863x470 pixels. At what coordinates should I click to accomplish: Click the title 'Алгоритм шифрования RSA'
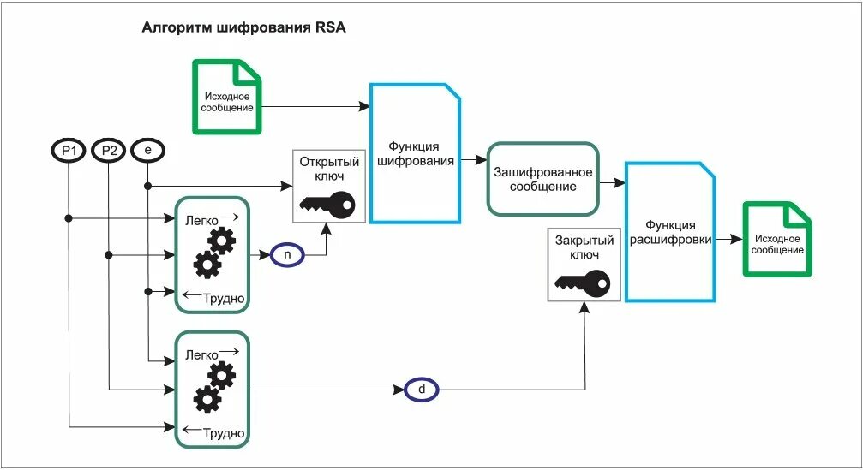tap(243, 27)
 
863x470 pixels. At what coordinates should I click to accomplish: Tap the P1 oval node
tap(69, 152)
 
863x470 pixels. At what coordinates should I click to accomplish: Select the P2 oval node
tap(109, 152)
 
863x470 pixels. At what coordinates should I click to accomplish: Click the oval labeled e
tap(147, 151)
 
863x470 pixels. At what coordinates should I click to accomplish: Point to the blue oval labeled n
tap(286, 255)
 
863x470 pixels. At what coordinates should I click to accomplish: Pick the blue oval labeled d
tap(421, 390)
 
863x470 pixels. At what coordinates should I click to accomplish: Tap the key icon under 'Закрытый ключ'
tap(582, 281)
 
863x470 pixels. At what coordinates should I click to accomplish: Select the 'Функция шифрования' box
tap(414, 154)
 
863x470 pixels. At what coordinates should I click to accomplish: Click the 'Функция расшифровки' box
tap(670, 232)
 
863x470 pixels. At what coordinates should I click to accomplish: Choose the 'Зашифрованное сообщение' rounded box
tap(542, 179)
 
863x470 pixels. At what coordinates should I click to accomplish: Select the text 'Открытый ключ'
tap(329, 168)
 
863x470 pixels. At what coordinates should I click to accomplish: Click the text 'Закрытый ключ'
tap(584, 247)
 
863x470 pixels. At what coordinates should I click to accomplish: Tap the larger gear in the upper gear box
tap(207, 265)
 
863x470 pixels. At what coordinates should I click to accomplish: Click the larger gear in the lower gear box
tap(207, 400)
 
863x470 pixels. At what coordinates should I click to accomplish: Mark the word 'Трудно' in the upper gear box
tap(225, 299)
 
